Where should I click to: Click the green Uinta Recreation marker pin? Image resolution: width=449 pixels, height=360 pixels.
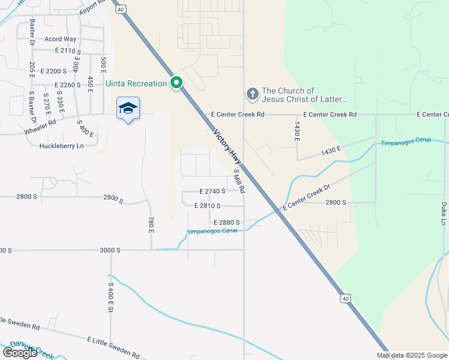pyautogui.click(x=176, y=83)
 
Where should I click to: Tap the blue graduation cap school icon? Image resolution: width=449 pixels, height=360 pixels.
pyautogui.click(x=128, y=108)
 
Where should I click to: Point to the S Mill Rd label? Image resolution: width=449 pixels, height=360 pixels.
pyautogui.click(x=239, y=181)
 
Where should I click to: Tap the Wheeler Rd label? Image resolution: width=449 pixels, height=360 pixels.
pyautogui.click(x=40, y=127)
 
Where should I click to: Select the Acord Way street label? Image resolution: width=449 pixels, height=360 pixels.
pyautogui.click(x=61, y=39)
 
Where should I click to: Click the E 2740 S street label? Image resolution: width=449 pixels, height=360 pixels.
pyautogui.click(x=212, y=191)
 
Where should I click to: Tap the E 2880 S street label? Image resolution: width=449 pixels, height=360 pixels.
pyautogui.click(x=226, y=223)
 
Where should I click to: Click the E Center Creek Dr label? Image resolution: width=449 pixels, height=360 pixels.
pyautogui.click(x=306, y=197)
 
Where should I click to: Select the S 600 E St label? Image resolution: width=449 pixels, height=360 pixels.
pyautogui.click(x=111, y=297)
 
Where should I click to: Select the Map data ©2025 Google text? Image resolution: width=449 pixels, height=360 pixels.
pyautogui.click(x=412, y=355)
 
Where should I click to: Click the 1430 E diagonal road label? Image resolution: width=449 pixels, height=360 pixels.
pyautogui.click(x=330, y=149)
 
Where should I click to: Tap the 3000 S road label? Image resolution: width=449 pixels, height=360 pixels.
pyautogui.click(x=111, y=250)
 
